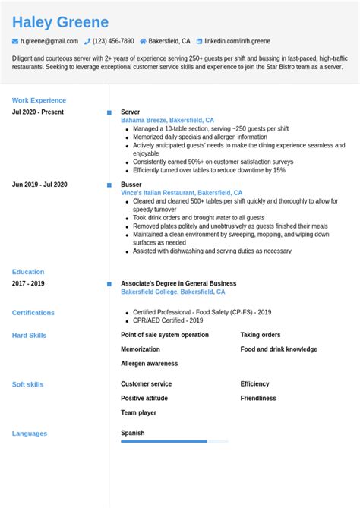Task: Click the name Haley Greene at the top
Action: click(x=60, y=22)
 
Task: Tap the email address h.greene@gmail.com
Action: click(x=49, y=41)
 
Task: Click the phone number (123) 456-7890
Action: click(x=113, y=41)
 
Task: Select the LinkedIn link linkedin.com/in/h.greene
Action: click(x=237, y=41)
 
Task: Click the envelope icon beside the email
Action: click(x=15, y=41)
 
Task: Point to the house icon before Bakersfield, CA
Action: click(x=143, y=41)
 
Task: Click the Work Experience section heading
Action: click(x=39, y=100)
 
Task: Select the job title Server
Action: click(x=130, y=112)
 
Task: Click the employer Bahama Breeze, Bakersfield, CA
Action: click(x=167, y=120)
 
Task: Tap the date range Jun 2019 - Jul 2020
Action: click(x=39, y=185)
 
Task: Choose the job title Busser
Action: click(x=131, y=185)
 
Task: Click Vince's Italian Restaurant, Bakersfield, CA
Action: click(x=182, y=193)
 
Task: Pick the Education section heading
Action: click(x=28, y=272)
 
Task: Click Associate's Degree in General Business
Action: click(x=178, y=283)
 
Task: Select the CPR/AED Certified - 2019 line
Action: click(x=168, y=320)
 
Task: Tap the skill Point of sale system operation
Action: click(x=165, y=335)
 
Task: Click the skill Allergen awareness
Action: click(x=149, y=364)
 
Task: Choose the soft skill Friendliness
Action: click(x=258, y=398)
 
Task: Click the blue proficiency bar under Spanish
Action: click(x=163, y=441)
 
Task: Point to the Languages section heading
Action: click(x=30, y=434)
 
